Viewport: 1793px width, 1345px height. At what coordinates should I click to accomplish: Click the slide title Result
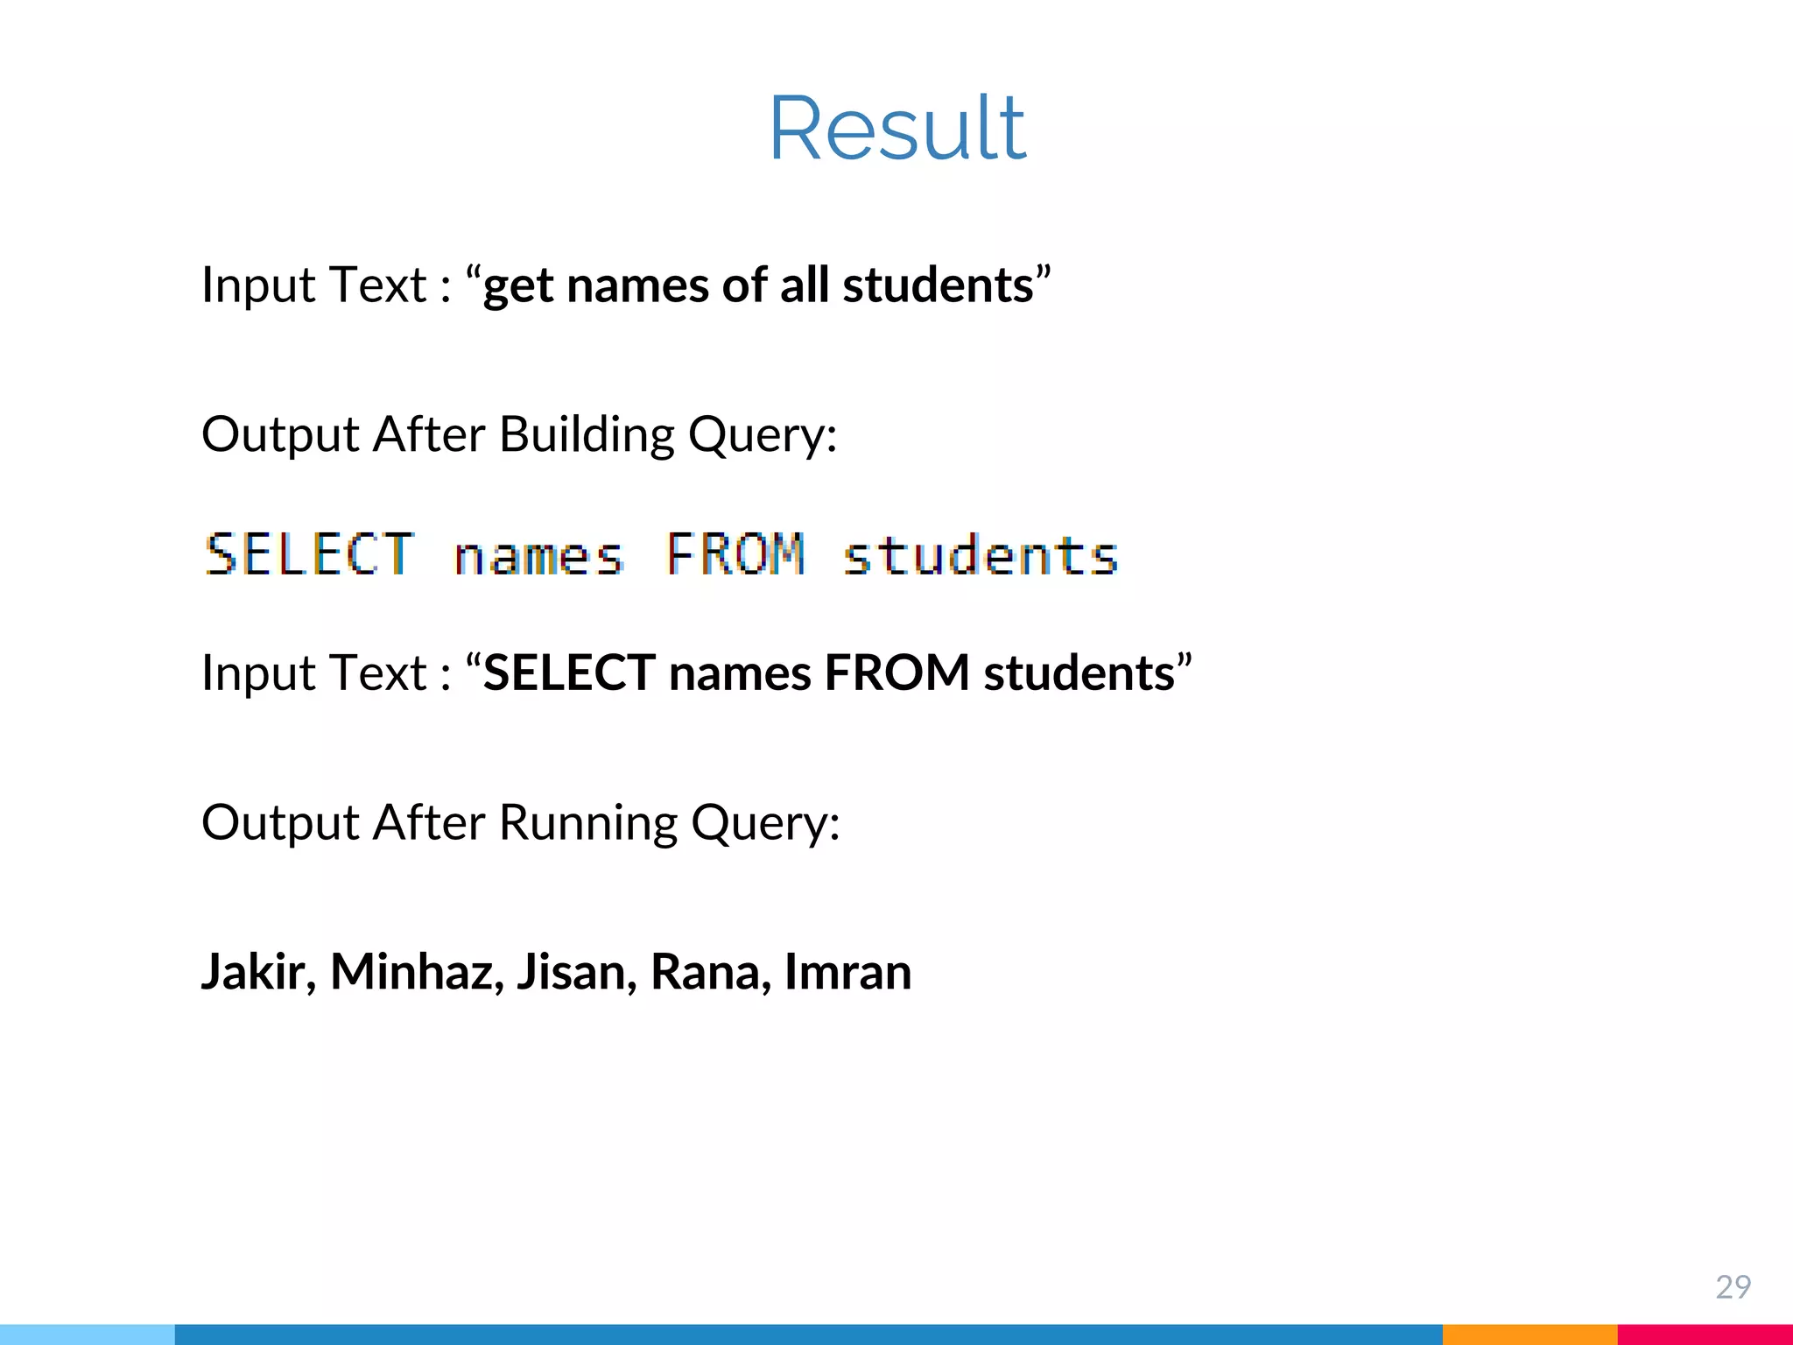pyautogui.click(x=897, y=129)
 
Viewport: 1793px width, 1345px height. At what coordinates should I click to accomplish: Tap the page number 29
pyautogui.click(x=1733, y=1286)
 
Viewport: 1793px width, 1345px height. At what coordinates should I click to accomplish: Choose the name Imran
pyautogui.click(x=847, y=972)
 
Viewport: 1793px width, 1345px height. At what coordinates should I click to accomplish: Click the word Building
pyautogui.click(x=587, y=434)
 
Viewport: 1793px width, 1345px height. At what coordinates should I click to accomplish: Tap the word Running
pyautogui.click(x=587, y=823)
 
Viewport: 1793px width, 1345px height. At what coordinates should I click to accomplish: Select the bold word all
pyautogui.click(x=804, y=285)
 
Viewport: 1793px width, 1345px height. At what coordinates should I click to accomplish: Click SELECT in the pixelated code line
pyautogui.click(x=309, y=555)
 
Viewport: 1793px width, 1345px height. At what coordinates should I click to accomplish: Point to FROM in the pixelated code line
pyautogui.click(x=735, y=555)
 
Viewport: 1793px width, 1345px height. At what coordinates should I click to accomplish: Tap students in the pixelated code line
pyautogui.click(x=981, y=555)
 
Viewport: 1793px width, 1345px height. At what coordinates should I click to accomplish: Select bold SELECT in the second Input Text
pyautogui.click(x=569, y=673)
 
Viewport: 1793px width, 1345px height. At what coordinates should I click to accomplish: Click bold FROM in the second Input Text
pyautogui.click(x=896, y=673)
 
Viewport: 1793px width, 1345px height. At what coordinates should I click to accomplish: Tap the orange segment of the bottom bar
pyautogui.click(x=1529, y=1334)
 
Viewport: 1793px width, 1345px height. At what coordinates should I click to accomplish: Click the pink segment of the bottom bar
pyautogui.click(x=1705, y=1334)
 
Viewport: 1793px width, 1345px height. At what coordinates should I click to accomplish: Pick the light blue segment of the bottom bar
pyautogui.click(x=88, y=1334)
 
